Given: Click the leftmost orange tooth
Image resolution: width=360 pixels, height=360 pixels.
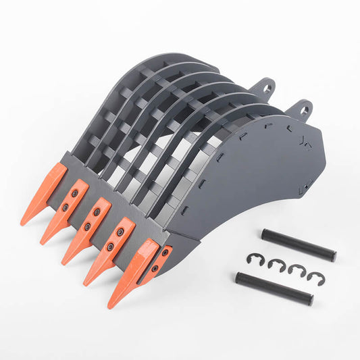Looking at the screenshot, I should pyautogui.click(x=44, y=193).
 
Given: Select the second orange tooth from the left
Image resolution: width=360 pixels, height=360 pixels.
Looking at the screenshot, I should pyautogui.click(x=66, y=211).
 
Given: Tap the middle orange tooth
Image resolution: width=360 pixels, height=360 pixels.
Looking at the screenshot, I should pyautogui.click(x=88, y=230).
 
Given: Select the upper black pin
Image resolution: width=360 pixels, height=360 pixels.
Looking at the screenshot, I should pyautogui.click(x=299, y=245).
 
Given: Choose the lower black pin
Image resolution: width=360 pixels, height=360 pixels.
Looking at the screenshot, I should pyautogui.click(x=274, y=288).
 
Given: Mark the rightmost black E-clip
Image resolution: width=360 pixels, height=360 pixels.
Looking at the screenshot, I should pyautogui.click(x=315, y=276).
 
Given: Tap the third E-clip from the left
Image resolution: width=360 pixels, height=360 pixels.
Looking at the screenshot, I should pyautogui.click(x=297, y=271).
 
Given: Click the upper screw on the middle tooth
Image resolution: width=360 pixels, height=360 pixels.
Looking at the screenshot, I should pyautogui.click(x=97, y=213).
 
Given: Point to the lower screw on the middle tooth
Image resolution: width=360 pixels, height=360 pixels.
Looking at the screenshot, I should pyautogui.click(x=87, y=226).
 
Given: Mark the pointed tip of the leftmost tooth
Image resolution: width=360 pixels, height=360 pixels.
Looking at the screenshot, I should pyautogui.click(x=22, y=224).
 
